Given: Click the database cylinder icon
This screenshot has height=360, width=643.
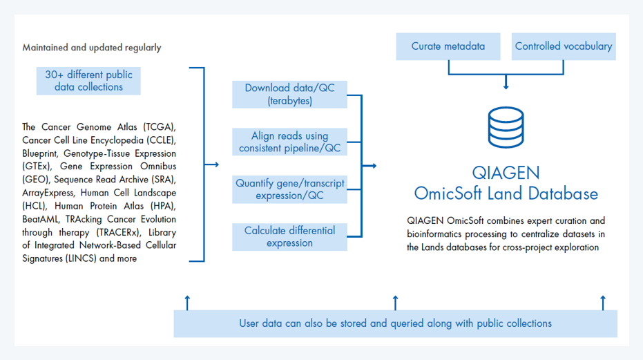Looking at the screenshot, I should [506, 128].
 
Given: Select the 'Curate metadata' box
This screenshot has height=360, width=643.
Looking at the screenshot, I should [448, 46].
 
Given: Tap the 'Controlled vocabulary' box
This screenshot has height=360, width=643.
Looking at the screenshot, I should [564, 46].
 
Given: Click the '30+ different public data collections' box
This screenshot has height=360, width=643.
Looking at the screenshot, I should [88, 81].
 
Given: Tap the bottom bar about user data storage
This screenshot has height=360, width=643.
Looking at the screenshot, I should [395, 323].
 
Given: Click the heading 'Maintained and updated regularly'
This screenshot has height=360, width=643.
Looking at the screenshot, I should [92, 48].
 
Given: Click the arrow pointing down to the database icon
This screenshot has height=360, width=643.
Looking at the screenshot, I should [506, 83].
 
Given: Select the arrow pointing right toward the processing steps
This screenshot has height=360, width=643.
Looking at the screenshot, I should [213, 164].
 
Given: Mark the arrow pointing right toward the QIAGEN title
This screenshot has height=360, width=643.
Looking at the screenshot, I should [371, 166].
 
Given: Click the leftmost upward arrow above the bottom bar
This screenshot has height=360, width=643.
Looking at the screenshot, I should [187, 301].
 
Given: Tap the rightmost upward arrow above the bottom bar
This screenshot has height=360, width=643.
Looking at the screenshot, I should [603, 301].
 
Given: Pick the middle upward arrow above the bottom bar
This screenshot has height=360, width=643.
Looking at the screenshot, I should [395, 301].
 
